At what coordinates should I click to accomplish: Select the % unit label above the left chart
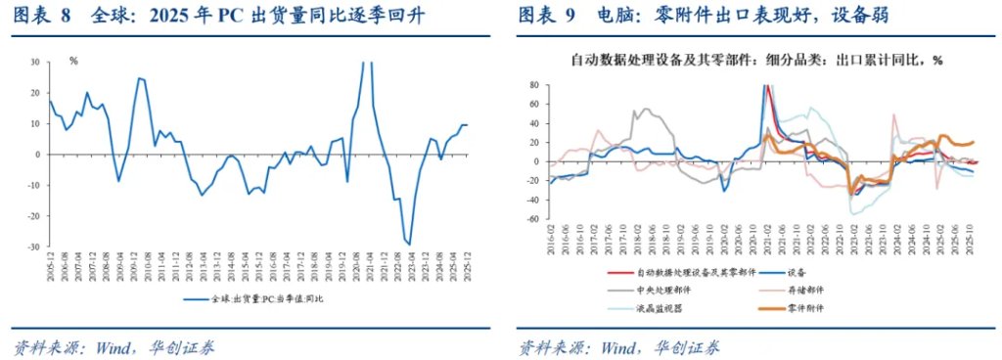click(x=73, y=61)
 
